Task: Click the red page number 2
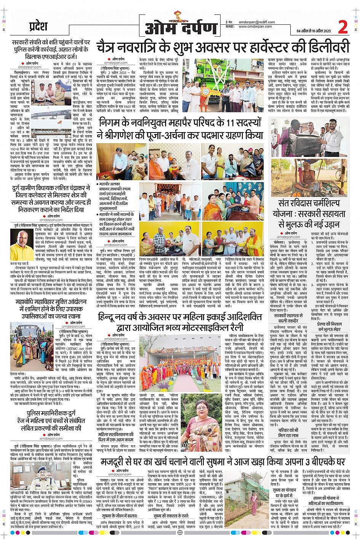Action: [342, 27]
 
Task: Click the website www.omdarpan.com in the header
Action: [255, 27]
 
